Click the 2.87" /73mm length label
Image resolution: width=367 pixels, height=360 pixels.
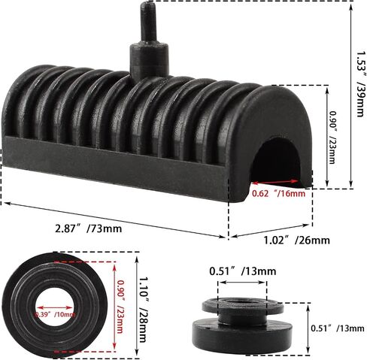coord(89,228)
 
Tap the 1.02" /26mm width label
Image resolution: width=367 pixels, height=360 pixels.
coord(296,241)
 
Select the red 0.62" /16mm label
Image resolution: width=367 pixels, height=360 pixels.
coord(279,193)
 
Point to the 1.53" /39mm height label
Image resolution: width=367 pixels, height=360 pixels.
coord(360,84)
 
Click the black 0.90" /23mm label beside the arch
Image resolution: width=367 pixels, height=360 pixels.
coord(332,138)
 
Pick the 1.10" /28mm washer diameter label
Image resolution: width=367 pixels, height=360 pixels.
coord(142,309)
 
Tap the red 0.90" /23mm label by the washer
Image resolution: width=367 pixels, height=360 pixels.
coord(120,307)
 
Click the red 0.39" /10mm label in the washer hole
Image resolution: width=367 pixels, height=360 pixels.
coord(55,314)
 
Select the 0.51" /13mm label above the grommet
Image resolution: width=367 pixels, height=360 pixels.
coord(243,271)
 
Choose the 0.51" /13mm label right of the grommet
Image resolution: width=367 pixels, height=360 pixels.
coord(338,328)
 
